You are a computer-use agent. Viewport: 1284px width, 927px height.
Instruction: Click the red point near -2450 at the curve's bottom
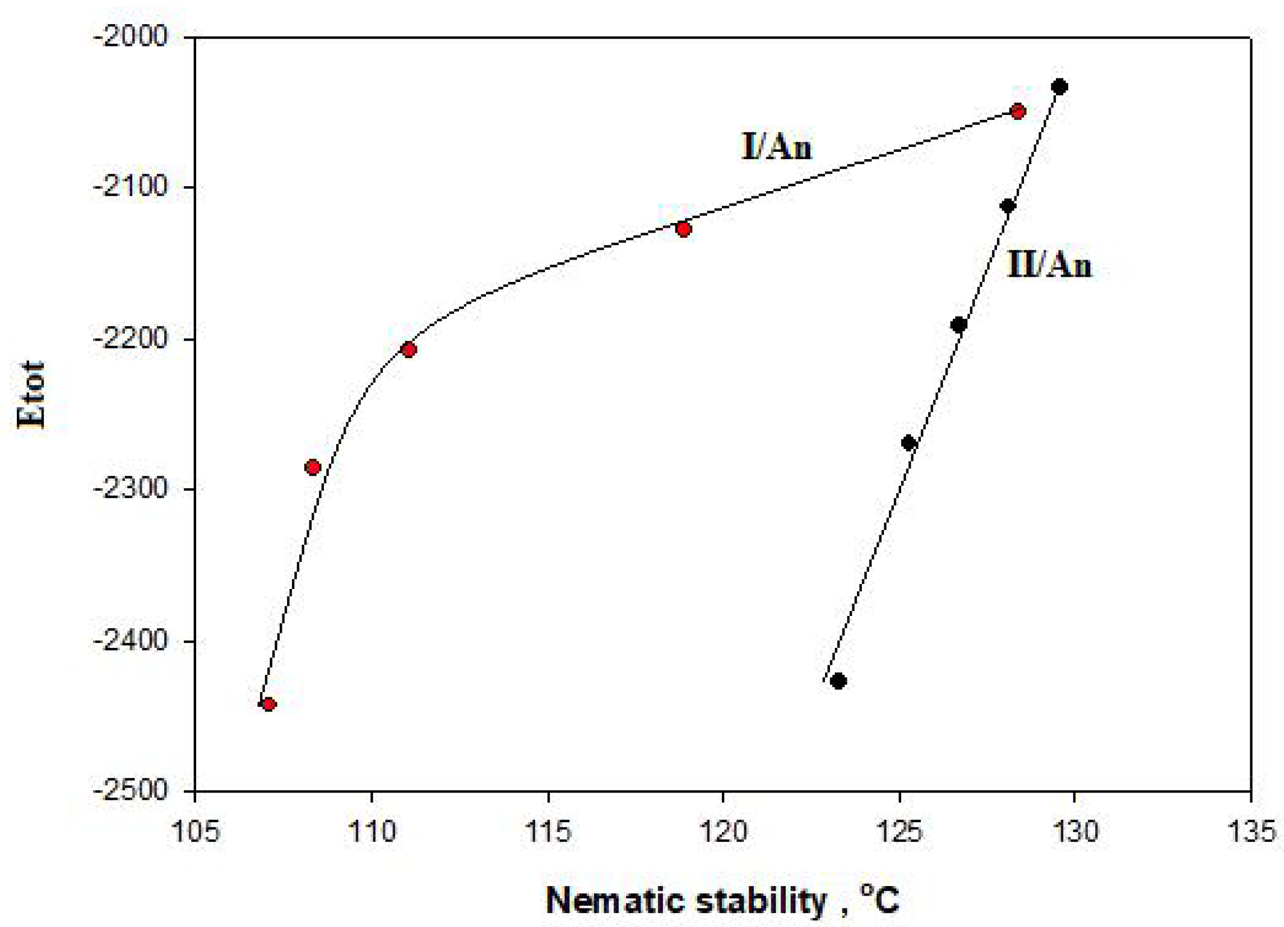point(269,704)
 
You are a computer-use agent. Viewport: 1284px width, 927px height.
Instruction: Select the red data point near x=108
point(313,467)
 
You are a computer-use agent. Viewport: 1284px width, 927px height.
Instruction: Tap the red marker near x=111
point(409,349)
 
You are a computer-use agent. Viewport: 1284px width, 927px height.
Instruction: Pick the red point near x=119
point(684,229)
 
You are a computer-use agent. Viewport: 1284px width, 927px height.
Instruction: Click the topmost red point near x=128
point(1018,111)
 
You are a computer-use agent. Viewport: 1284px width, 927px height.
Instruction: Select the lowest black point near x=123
point(839,680)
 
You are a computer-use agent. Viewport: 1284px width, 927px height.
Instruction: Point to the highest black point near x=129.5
point(1060,87)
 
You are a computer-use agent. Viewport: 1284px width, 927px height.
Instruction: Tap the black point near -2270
point(908,443)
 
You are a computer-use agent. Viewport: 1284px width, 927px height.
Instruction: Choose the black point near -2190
point(958,325)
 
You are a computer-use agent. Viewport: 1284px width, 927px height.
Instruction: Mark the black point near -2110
point(1008,206)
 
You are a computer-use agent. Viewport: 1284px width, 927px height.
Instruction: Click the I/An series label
point(777,147)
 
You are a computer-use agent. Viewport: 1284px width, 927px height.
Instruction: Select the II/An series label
point(1049,265)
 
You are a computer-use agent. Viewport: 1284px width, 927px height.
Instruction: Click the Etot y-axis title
point(31,394)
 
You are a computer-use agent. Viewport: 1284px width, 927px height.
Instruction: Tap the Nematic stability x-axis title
point(722,901)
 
